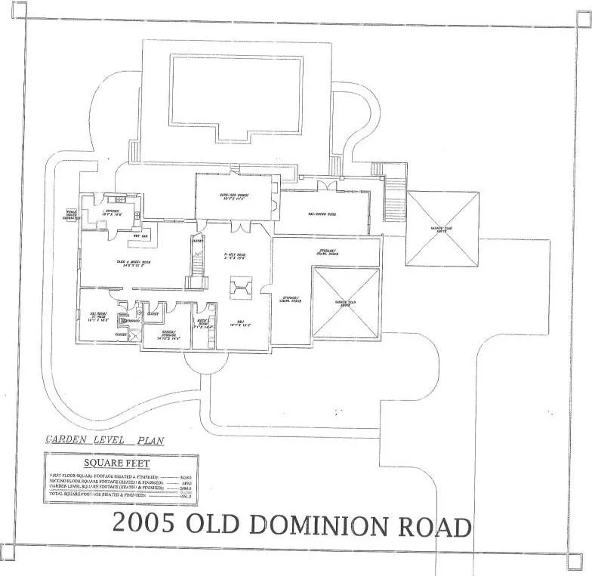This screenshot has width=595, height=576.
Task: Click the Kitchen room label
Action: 112,213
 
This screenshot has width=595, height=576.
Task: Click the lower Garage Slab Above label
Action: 345,302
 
